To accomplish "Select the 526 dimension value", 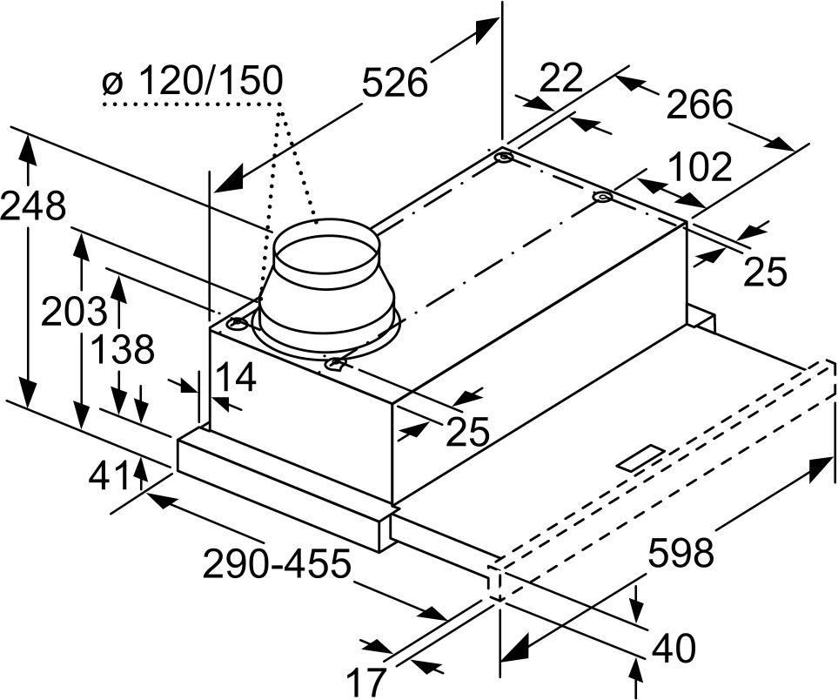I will click(395, 82).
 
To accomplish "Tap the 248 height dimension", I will click(33, 206).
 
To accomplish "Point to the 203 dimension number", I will click(74, 311).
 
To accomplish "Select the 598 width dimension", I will click(681, 552).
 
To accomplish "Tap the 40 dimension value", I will click(674, 649).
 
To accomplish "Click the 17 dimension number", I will click(364, 683).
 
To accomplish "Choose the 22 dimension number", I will click(560, 78).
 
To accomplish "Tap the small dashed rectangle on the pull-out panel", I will click(641, 459).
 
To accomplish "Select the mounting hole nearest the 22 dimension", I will click(505, 160).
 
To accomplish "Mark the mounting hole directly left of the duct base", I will click(237, 325).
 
